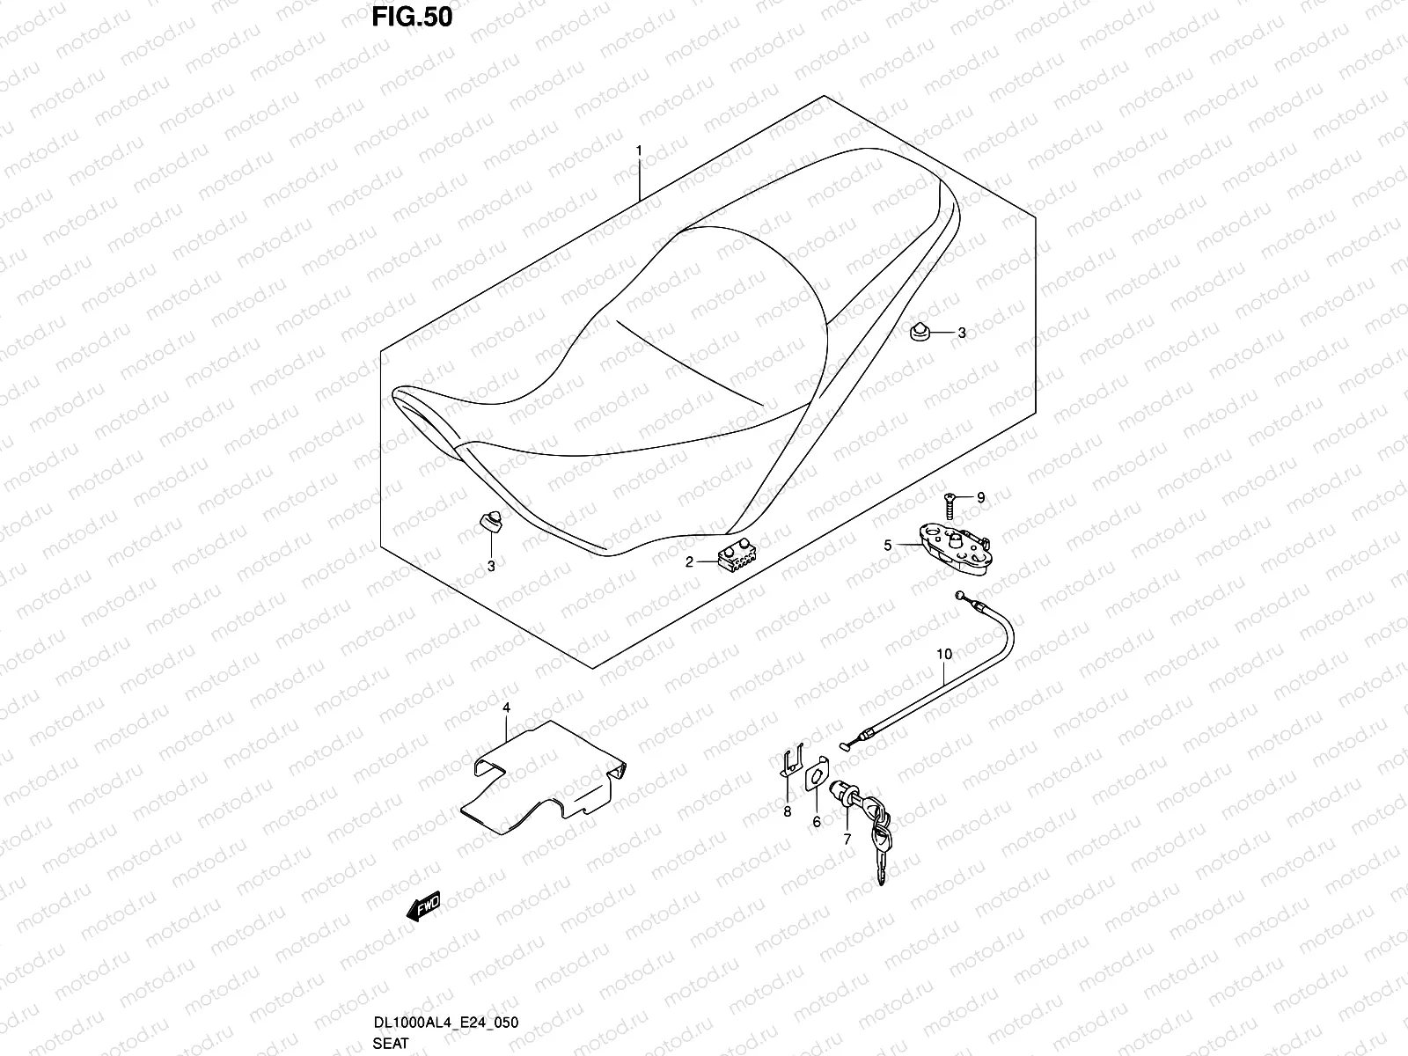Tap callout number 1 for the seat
(x=664, y=151)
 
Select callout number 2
(x=691, y=561)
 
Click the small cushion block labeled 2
(x=737, y=556)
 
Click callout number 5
(x=888, y=546)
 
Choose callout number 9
(x=981, y=498)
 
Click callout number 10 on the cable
(x=944, y=655)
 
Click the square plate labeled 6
(x=818, y=774)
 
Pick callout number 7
(x=847, y=840)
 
